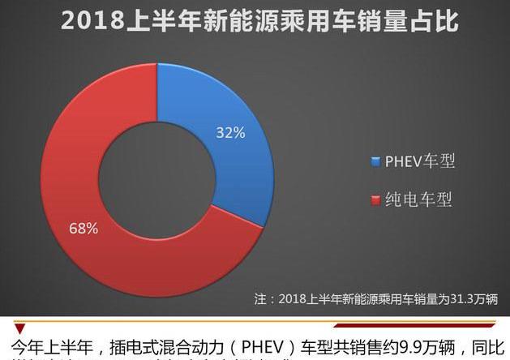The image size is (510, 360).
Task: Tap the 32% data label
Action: coord(229,132)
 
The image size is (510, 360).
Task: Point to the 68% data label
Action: coord(84,228)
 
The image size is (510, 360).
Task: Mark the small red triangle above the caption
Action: coord(19,328)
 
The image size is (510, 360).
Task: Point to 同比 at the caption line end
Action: coord(492,347)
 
